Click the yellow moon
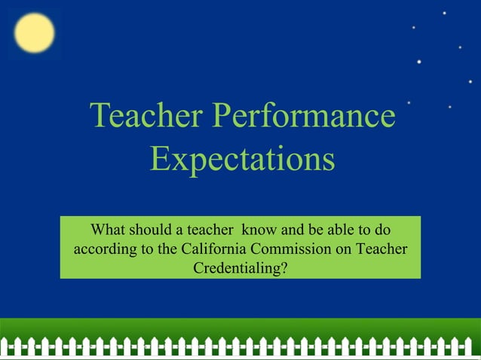coord(34,34)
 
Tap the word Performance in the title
coord(303,116)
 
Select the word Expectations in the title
coord(242,160)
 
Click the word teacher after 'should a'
coord(210,230)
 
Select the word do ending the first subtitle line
coord(382,230)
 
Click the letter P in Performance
coord(222,116)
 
